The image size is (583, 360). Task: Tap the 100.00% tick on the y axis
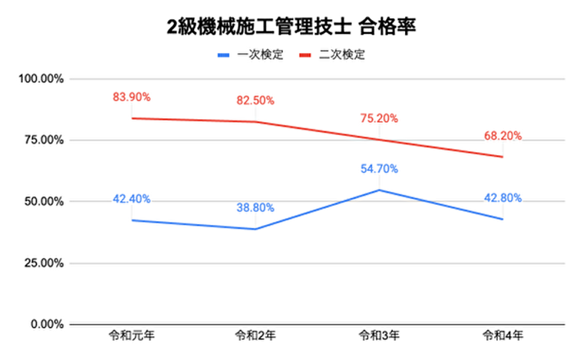pos(42,79)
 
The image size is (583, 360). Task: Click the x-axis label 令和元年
pos(131,339)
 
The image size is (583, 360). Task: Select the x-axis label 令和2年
pos(255,339)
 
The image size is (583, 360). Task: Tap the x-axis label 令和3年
pos(379,339)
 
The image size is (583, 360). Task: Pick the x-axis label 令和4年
pos(502,339)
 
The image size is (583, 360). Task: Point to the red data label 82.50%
pos(255,101)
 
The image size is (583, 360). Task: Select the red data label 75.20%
pos(379,118)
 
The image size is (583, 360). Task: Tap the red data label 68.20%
pos(502,136)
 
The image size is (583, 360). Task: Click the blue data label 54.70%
pos(379,169)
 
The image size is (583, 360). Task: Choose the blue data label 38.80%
pos(255,208)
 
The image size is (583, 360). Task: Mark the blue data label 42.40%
pos(131,199)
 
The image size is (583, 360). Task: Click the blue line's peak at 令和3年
pos(379,190)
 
